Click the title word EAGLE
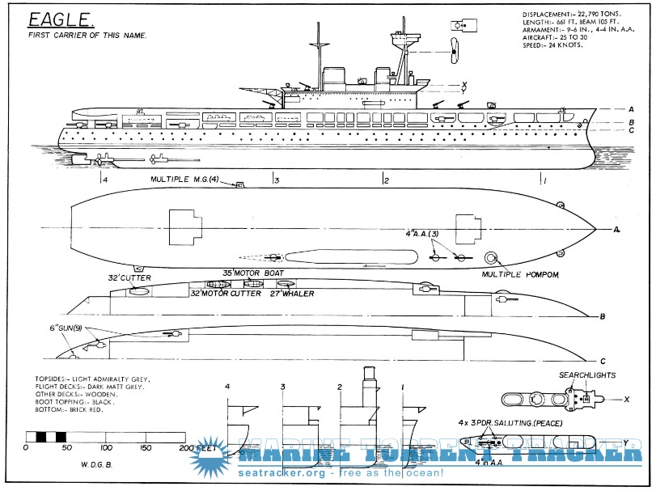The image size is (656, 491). pos(59,19)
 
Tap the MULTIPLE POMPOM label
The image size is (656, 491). pos(520,274)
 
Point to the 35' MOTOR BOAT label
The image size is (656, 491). pos(253,273)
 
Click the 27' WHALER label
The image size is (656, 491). pos(292,294)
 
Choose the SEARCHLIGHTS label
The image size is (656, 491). pos(587,375)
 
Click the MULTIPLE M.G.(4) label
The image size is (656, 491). pos(184,180)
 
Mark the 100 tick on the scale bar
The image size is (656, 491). pos(106,447)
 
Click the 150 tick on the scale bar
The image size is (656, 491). pos(146,447)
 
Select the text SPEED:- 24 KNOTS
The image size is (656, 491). pos(552,45)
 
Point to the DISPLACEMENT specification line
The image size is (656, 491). pos(573,15)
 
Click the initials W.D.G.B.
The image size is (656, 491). pos(96,464)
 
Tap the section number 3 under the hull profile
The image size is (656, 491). pos(277,180)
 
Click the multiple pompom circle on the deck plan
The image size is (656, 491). pos(490,258)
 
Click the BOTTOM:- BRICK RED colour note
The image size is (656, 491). pos(69,409)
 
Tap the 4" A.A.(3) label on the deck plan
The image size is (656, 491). pos(422,234)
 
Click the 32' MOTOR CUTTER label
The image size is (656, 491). pos(226,294)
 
